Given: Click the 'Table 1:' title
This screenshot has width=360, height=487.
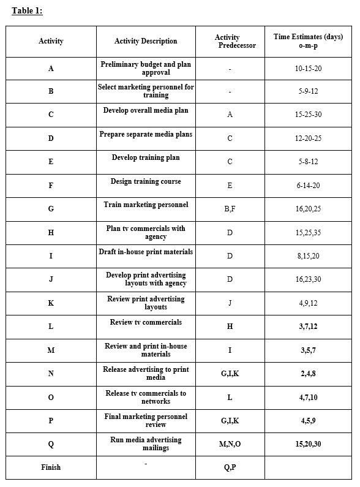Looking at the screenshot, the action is (27, 10).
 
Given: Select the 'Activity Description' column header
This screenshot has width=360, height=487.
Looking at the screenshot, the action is (146, 41).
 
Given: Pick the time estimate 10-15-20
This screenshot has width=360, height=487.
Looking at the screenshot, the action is (308, 68).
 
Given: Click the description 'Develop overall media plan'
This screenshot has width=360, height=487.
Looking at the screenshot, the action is (146, 111).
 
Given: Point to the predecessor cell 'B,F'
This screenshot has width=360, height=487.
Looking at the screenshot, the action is (230, 209).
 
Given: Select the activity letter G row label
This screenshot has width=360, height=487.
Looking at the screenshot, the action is (51, 209).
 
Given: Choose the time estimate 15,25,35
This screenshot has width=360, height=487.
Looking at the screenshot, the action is (308, 233).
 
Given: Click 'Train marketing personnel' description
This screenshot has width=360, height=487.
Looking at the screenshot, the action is (146, 205).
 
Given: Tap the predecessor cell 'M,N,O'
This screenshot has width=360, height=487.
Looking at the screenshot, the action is (230, 444).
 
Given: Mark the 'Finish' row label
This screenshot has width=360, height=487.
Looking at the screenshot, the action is (51, 467).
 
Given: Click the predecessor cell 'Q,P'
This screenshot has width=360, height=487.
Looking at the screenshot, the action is (230, 467).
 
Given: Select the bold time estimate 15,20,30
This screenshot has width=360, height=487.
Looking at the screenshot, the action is (308, 444).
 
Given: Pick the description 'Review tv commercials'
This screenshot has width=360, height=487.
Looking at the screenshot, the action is (146, 322).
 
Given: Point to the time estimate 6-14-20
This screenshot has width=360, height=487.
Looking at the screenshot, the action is (308, 186).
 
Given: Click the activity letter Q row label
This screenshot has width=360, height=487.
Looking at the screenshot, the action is (51, 444).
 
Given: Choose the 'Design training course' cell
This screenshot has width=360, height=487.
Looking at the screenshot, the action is (146, 181).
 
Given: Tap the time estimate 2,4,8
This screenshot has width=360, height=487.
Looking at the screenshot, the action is (308, 374).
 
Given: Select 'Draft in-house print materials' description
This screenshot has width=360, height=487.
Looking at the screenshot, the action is (146, 252).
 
